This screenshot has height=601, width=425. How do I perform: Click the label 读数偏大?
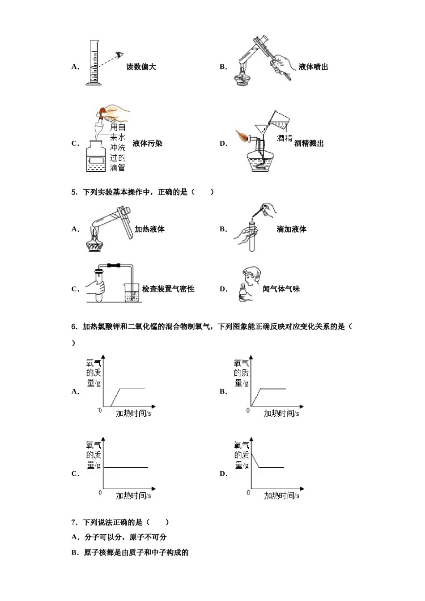(x=141, y=67)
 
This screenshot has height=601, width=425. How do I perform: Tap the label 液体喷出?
(x=313, y=67)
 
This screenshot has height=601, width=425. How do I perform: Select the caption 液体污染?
(x=147, y=144)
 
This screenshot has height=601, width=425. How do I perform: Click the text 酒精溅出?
(x=309, y=144)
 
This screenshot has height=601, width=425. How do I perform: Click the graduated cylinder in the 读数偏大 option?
(x=94, y=63)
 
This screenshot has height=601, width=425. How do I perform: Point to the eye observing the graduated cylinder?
(x=119, y=55)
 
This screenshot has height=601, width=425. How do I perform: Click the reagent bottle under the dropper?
(x=98, y=157)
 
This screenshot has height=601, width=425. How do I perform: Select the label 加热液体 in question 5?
(x=149, y=229)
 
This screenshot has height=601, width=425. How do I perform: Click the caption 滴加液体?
(x=291, y=229)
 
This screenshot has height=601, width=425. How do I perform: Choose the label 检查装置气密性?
(x=168, y=289)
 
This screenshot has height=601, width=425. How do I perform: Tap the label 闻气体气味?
(x=281, y=289)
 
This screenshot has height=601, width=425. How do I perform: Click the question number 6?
(x=74, y=327)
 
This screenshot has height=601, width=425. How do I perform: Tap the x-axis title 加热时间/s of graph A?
(x=133, y=414)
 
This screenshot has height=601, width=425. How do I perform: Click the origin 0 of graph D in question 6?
(x=248, y=492)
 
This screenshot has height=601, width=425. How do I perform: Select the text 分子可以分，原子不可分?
(x=125, y=537)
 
